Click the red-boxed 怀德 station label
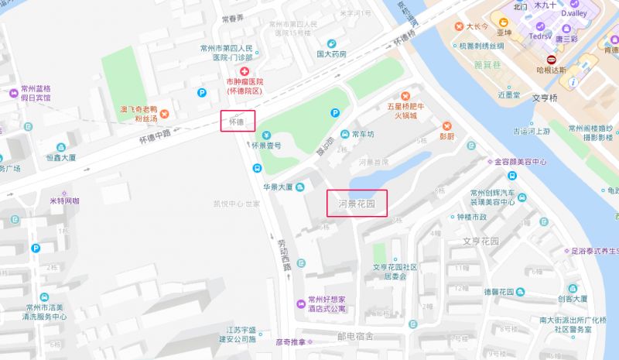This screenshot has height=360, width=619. (238, 121)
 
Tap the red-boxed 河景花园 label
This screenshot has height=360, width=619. (357, 204)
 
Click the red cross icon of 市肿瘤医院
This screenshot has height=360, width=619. (244, 70)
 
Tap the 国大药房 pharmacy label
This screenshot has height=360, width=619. (331, 53)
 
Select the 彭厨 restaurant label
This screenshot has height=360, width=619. (447, 136)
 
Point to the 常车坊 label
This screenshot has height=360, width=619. (363, 133)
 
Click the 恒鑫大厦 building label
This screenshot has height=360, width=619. (60, 157)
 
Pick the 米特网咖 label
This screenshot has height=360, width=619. (64, 200)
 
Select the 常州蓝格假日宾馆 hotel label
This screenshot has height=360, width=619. (36, 93)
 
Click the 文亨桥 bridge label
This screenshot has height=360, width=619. (544, 98)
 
